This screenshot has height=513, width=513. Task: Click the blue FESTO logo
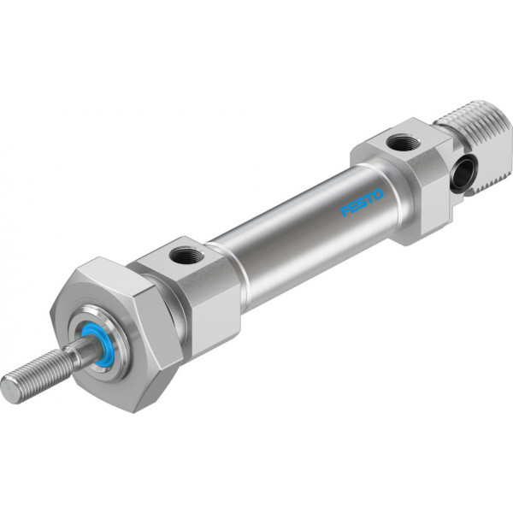pyautogui.click(x=362, y=202)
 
